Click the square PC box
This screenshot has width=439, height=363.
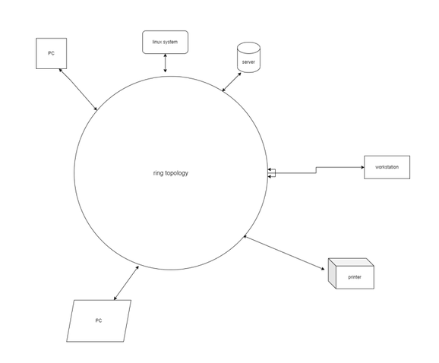click(x=51, y=53)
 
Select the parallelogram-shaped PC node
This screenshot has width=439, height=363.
click(x=99, y=320)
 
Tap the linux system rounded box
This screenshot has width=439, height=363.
click(x=165, y=42)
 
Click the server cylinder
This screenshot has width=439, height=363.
click(x=248, y=58)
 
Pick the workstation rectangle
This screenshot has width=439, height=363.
click(x=387, y=167)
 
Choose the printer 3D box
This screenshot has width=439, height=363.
click(x=351, y=273)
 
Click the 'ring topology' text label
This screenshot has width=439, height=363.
click(x=171, y=173)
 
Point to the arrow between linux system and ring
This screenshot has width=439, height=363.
click(x=165, y=63)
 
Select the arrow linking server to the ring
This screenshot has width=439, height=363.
click(x=232, y=82)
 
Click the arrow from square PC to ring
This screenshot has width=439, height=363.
click(x=77, y=90)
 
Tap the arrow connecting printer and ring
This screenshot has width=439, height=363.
click(x=284, y=253)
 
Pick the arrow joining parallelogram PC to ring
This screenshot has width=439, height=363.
click(x=126, y=283)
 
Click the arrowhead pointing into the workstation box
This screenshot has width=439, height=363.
click(x=362, y=167)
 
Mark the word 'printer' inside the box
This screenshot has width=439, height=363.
click(x=355, y=277)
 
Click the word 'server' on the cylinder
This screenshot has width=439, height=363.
click(x=248, y=62)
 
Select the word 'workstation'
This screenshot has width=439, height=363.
click(x=387, y=167)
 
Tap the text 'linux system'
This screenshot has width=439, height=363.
click(x=165, y=42)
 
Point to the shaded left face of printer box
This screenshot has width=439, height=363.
click(x=332, y=273)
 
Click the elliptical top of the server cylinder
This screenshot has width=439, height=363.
click(x=248, y=47)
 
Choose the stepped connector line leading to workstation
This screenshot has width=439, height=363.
click(x=316, y=170)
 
